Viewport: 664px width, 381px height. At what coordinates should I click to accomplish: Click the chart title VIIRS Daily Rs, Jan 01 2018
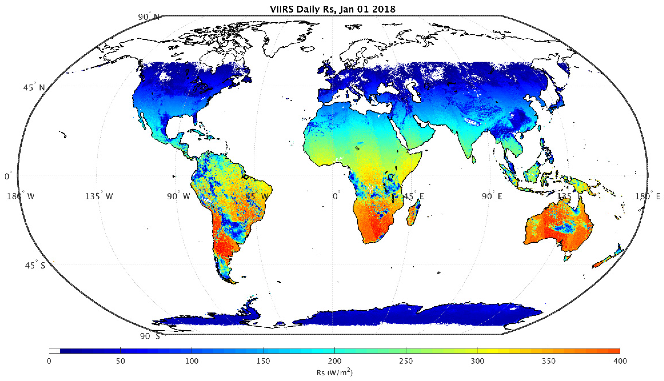(x=332, y=9)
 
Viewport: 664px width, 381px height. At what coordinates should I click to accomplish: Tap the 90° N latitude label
(x=149, y=17)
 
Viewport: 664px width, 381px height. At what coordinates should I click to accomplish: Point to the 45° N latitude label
(x=34, y=87)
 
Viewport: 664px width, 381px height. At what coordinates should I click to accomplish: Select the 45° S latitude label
(x=35, y=265)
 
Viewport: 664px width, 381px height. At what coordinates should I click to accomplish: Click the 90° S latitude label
(x=149, y=336)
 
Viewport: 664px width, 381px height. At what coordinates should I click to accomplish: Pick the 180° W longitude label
(x=20, y=196)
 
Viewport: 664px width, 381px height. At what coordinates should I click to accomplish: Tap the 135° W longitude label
(x=99, y=196)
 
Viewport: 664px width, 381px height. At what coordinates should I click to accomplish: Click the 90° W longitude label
(x=179, y=196)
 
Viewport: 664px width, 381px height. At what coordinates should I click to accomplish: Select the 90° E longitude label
(x=492, y=196)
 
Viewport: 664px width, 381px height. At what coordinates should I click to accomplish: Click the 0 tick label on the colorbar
(x=49, y=361)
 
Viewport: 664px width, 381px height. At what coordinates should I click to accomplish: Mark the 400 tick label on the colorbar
(x=620, y=361)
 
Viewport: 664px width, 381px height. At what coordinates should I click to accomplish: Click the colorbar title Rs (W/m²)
(x=334, y=373)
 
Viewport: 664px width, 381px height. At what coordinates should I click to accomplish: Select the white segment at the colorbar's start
(x=54, y=351)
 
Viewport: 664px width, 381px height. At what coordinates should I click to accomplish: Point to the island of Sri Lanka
(x=474, y=159)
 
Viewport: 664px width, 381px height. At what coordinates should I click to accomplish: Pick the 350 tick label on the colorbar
(x=549, y=361)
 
